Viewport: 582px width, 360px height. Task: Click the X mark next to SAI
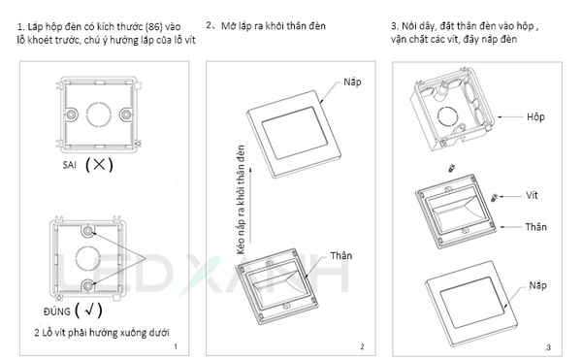click(99, 164)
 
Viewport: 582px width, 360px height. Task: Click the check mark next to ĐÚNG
click(89, 310)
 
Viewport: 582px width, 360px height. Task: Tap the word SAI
click(70, 165)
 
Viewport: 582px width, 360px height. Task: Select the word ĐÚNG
click(57, 311)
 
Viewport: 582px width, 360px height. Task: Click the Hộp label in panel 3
click(535, 117)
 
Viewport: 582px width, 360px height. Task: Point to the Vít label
click(532, 195)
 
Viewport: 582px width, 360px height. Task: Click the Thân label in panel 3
click(535, 227)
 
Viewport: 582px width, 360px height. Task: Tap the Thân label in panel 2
click(341, 256)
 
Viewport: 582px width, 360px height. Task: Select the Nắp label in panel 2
click(352, 82)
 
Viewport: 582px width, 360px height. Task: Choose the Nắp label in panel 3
click(537, 285)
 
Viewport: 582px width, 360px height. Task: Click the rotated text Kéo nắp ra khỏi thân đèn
click(241, 200)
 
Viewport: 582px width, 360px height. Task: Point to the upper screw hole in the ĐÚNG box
click(88, 231)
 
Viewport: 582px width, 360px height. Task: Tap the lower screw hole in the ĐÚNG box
click(88, 285)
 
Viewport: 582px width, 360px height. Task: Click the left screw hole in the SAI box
click(71, 114)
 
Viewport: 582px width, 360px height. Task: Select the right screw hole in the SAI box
click(126, 114)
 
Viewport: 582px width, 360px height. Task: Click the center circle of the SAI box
click(99, 114)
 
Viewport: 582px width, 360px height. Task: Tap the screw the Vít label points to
click(495, 197)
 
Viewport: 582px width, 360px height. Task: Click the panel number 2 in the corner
click(362, 346)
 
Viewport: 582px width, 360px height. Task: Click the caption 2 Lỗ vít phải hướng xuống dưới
click(101, 333)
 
